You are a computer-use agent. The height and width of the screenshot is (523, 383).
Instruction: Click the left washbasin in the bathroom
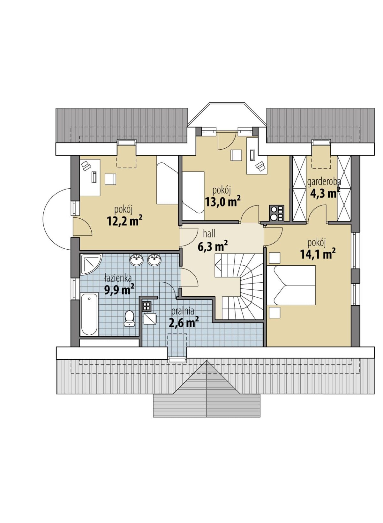tap(137, 260)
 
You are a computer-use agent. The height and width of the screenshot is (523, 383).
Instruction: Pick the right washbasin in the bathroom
tap(154, 260)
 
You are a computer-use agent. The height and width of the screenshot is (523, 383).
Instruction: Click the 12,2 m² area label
tap(124, 221)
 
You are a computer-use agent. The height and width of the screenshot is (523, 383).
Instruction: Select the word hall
tap(209, 233)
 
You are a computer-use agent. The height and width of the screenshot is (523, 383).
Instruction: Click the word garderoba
tap(324, 182)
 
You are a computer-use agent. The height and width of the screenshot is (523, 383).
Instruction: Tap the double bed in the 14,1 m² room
tap(291, 285)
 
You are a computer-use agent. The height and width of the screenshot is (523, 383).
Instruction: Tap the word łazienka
tap(118, 278)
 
